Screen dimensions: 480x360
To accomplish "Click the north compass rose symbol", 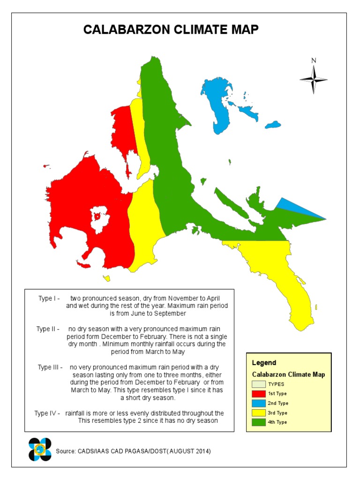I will click(x=314, y=80).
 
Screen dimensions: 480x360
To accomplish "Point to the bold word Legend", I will click(x=264, y=363).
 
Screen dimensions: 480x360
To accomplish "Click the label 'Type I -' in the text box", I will click(x=49, y=299).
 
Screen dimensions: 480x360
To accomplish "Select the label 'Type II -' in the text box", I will click(x=48, y=329).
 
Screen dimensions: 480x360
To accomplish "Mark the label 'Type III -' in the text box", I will click(x=50, y=367).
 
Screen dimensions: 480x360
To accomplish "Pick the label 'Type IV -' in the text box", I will click(x=47, y=413).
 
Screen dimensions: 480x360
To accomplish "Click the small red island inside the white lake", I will click(x=97, y=216).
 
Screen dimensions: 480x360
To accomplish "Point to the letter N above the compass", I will click(x=314, y=60).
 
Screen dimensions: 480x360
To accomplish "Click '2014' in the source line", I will click(x=201, y=451).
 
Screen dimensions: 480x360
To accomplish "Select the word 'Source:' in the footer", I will click(x=66, y=451).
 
